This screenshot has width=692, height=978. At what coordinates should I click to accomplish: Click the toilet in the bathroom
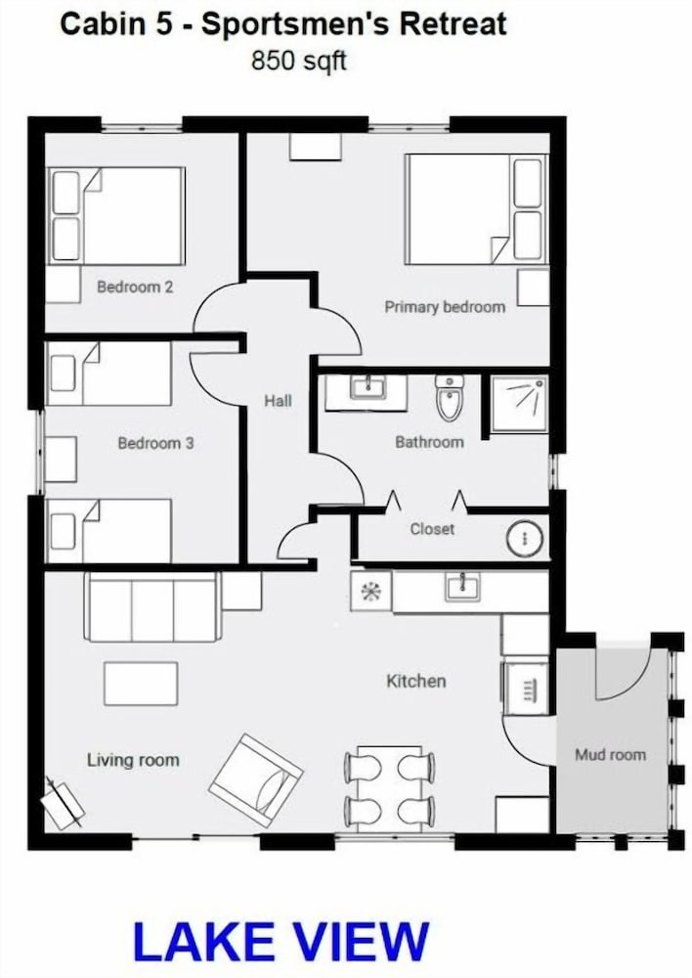point(449,397)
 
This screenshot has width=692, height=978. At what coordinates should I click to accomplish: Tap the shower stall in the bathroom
point(519,404)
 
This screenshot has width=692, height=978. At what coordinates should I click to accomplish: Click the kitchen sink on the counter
point(462,587)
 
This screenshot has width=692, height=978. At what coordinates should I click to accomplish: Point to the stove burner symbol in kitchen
point(371,592)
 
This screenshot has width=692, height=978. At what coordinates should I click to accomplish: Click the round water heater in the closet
point(524,538)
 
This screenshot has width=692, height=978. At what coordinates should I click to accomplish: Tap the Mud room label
point(610,755)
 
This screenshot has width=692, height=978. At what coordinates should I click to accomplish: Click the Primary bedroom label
point(445,307)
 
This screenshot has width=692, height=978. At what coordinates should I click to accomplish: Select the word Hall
point(278,400)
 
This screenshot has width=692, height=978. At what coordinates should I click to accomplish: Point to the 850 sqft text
point(299,61)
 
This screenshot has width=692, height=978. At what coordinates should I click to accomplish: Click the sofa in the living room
point(152,607)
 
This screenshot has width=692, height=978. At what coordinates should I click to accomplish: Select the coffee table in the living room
point(141,684)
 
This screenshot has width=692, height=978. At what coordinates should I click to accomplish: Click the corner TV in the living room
point(62,803)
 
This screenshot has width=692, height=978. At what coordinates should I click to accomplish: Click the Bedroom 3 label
point(155,443)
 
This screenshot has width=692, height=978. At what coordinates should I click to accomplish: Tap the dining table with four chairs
point(390,789)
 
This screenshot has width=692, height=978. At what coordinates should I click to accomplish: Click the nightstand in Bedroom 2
point(64,285)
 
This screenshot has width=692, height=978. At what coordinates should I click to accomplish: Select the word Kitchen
point(415,681)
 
